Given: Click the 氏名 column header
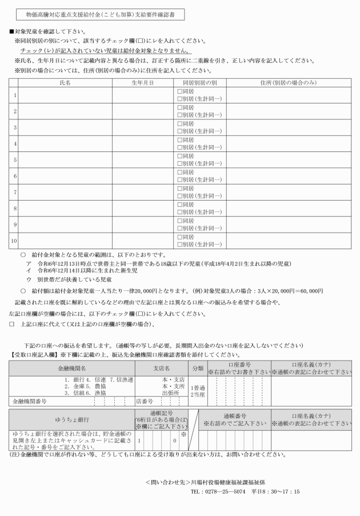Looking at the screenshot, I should coord(65,83).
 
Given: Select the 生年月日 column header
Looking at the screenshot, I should coord(142,83).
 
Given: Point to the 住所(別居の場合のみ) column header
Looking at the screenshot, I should coord(288,83).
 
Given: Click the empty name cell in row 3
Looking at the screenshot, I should coord(65,127).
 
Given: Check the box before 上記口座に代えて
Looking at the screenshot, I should coord(11,324).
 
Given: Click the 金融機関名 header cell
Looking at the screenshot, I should coord(72,368).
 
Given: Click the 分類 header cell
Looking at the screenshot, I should coord(198,368).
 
